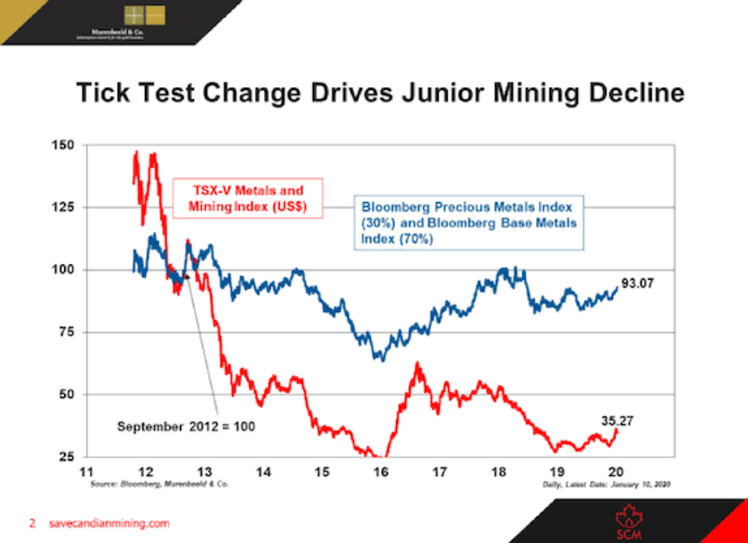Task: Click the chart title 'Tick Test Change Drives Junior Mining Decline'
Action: tap(379, 94)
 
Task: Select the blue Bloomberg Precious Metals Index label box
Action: tap(468, 222)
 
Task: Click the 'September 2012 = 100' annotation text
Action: tap(185, 426)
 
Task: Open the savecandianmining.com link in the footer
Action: tap(108, 524)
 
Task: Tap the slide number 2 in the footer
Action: tap(32, 524)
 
